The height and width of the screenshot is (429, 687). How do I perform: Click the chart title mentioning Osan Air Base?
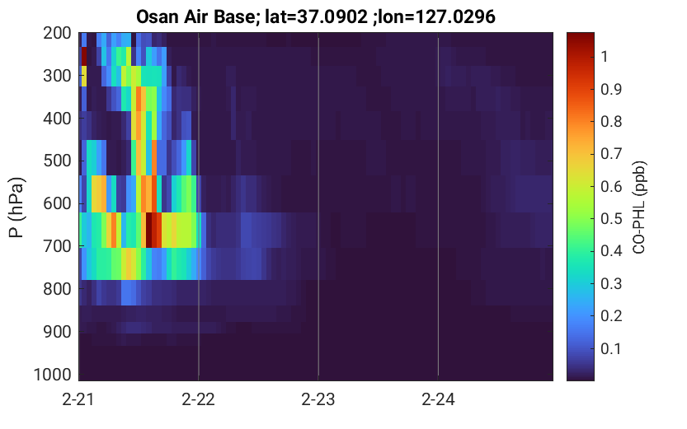pyautogui.click(x=315, y=16)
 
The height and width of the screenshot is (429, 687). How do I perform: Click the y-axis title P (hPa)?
pyautogui.click(x=16, y=208)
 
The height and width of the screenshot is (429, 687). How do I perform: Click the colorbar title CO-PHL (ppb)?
pyautogui.click(x=639, y=208)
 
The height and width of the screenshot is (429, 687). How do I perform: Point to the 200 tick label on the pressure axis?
pyautogui.click(x=57, y=33)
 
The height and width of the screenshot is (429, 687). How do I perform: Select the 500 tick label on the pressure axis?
pyautogui.click(x=57, y=161)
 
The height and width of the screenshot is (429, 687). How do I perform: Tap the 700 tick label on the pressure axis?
pyautogui.click(x=57, y=246)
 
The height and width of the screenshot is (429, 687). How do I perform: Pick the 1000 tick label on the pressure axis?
pyautogui.click(x=53, y=375)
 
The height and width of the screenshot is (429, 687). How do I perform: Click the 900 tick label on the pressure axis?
pyautogui.click(x=57, y=332)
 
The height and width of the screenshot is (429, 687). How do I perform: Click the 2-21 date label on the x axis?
pyautogui.click(x=78, y=399)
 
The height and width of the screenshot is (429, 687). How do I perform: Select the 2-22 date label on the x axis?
pyautogui.click(x=199, y=399)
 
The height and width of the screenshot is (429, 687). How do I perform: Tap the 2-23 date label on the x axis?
pyautogui.click(x=318, y=399)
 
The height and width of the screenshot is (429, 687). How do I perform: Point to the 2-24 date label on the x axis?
pyautogui.click(x=438, y=399)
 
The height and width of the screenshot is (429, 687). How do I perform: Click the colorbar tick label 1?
pyautogui.click(x=605, y=57)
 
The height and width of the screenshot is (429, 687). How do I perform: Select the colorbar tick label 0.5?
pyautogui.click(x=611, y=218)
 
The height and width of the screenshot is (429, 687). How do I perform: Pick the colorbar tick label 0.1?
pyautogui.click(x=611, y=348)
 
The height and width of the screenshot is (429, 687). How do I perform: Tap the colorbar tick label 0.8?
pyautogui.click(x=611, y=121)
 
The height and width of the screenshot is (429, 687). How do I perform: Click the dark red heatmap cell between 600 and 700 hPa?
pyautogui.click(x=149, y=230)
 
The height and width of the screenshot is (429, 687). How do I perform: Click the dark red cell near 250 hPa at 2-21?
pyautogui.click(x=84, y=57)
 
